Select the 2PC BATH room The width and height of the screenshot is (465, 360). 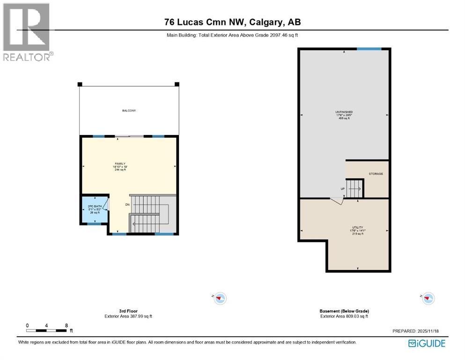(95, 209)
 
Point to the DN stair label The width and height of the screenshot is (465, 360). (127, 205)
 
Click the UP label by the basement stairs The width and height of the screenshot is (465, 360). (343, 189)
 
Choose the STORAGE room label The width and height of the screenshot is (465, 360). (376, 174)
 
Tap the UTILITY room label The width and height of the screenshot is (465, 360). (358, 227)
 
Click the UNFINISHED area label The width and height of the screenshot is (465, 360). (344, 112)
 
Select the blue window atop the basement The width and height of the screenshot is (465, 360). (369, 49)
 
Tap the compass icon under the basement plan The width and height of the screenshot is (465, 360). (428, 298)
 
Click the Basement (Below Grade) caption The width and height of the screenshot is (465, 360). (344, 311)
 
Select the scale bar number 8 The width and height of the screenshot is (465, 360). (66, 325)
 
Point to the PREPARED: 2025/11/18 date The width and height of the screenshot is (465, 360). (419, 331)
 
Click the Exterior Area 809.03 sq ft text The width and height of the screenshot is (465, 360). (344, 316)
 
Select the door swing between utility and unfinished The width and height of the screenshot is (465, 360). (336, 201)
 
